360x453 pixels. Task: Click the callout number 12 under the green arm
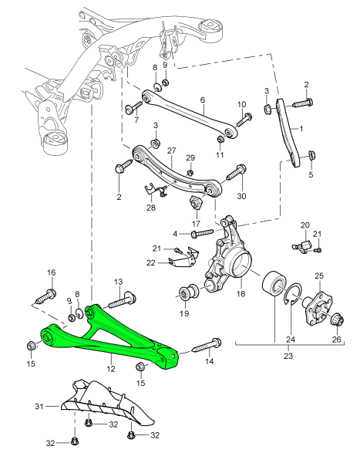111,368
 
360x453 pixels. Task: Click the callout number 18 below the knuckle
241,293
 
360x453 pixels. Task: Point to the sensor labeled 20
302,247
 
